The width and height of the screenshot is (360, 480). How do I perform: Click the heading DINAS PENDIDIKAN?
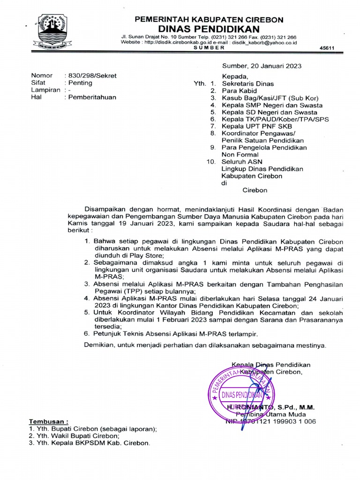209,29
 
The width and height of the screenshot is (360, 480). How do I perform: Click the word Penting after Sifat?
80,83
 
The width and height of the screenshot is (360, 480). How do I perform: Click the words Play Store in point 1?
147,255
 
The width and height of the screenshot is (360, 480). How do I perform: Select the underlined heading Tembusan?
49,421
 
